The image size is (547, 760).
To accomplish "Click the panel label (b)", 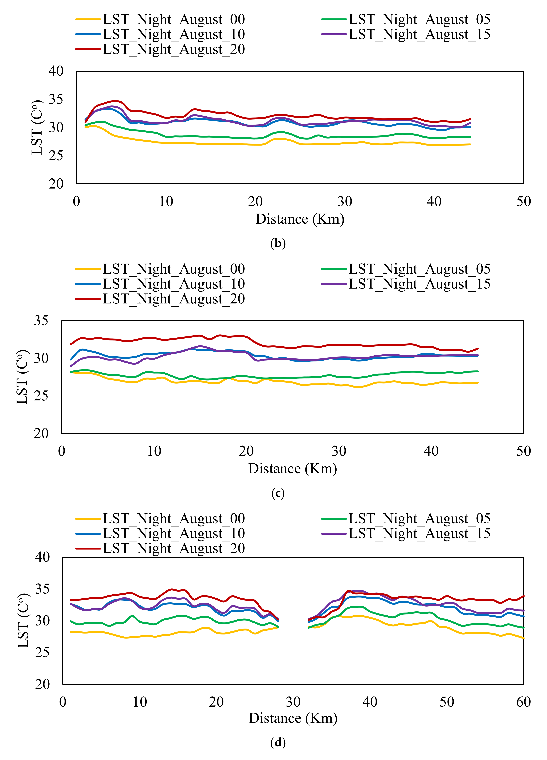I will pyautogui.click(x=278, y=243).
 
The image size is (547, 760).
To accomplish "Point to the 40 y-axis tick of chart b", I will pyautogui.click(x=56, y=71).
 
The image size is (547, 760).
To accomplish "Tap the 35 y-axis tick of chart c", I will pyautogui.click(x=41, y=321).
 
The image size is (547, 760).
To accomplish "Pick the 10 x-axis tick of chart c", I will pyautogui.click(x=154, y=451).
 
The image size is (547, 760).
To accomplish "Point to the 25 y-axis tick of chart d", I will pyautogui.click(x=42, y=652).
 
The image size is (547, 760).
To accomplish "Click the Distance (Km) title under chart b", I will pyautogui.click(x=300, y=219).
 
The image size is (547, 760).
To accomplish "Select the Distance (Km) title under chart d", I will pyautogui.click(x=293, y=718).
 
